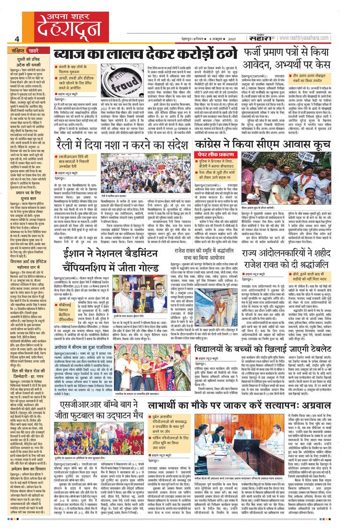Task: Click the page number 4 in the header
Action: [16, 39]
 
